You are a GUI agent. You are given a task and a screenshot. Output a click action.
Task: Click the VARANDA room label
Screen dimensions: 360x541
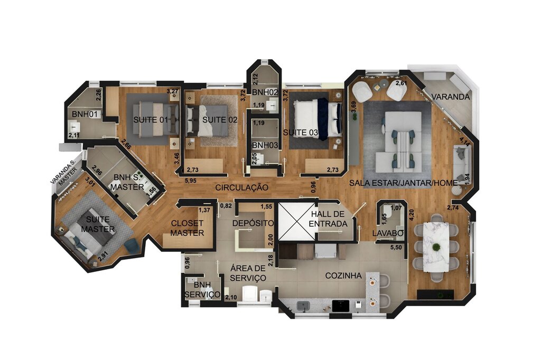click(x=451, y=97)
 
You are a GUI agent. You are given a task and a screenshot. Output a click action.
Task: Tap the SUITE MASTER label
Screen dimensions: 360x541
click(x=98, y=224)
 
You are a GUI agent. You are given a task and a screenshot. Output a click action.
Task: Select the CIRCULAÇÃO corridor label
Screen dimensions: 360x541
click(x=242, y=187)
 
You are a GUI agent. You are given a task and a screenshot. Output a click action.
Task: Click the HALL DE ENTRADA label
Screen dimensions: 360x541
click(x=329, y=219)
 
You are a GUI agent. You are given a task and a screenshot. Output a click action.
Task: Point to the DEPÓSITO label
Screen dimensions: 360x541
click(x=253, y=224)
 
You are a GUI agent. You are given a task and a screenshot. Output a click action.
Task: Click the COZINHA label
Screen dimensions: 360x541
click(x=343, y=276)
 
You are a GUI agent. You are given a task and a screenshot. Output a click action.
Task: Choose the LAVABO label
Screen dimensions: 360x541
click(x=387, y=233)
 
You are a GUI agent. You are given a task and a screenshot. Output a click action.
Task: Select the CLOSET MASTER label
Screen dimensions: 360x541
click(x=187, y=228)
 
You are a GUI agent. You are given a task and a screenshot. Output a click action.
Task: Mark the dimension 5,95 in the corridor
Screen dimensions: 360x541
click(x=191, y=181)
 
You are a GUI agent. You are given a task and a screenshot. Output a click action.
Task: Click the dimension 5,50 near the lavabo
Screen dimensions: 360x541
click(x=396, y=247)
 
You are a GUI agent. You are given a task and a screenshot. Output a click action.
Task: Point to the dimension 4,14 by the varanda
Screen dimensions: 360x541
click(x=465, y=141)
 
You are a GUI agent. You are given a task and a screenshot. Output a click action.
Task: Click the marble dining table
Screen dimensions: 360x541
click(x=436, y=247)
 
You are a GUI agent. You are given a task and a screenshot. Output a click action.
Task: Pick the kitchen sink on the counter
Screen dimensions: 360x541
click(x=303, y=305)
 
